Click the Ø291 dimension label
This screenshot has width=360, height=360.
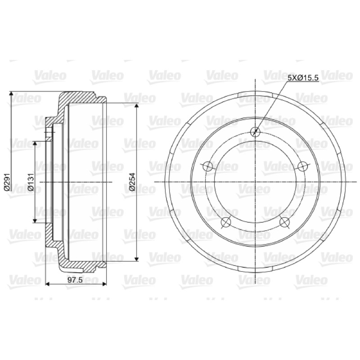click(x=7, y=182)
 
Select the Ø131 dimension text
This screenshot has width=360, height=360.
click(x=31, y=182)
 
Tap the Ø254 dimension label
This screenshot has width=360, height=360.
click(x=132, y=182)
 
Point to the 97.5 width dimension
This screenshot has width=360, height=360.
click(x=75, y=280)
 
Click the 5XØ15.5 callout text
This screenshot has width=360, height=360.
click(x=303, y=78)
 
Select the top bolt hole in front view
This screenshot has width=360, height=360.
click(x=255, y=131)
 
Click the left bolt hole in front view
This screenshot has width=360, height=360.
click(x=208, y=166)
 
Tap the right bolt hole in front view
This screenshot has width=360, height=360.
click(x=302, y=166)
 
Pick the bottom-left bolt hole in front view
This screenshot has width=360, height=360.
click(x=226, y=222)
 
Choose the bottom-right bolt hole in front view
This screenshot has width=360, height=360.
click(x=285, y=222)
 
